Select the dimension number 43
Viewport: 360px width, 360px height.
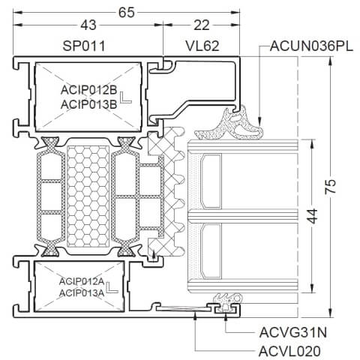[88, 26]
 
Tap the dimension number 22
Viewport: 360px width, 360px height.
[202, 26]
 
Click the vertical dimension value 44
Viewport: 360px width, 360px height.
[317, 218]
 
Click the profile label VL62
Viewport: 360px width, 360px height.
[202, 46]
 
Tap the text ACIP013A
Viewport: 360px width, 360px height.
[81, 292]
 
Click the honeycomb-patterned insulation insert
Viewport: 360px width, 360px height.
[88, 196]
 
